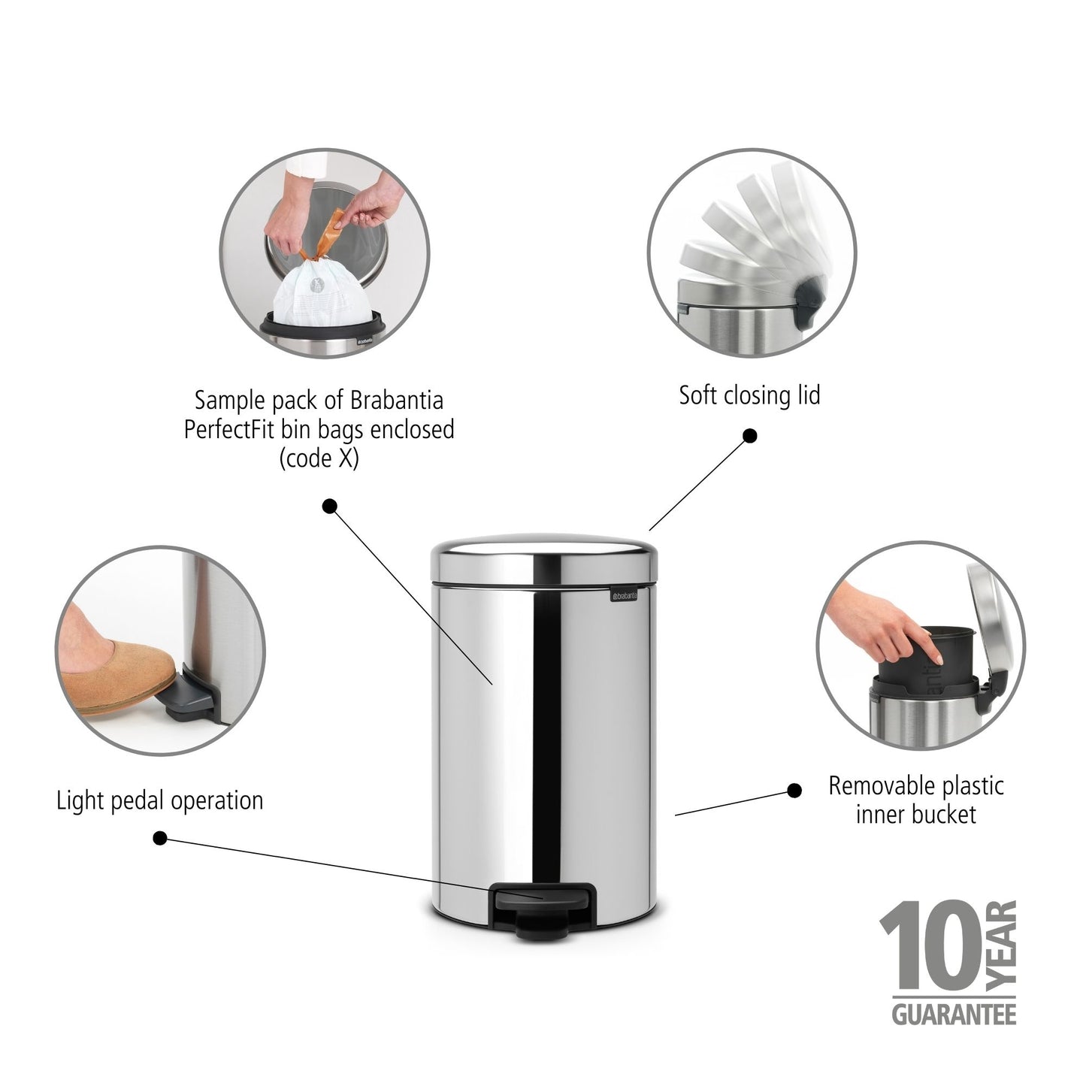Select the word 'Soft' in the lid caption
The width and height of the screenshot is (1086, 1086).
699,395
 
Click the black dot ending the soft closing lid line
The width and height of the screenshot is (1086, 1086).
749,436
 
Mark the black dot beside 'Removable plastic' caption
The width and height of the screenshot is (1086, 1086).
794,790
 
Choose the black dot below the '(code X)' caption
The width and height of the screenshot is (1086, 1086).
329,507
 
